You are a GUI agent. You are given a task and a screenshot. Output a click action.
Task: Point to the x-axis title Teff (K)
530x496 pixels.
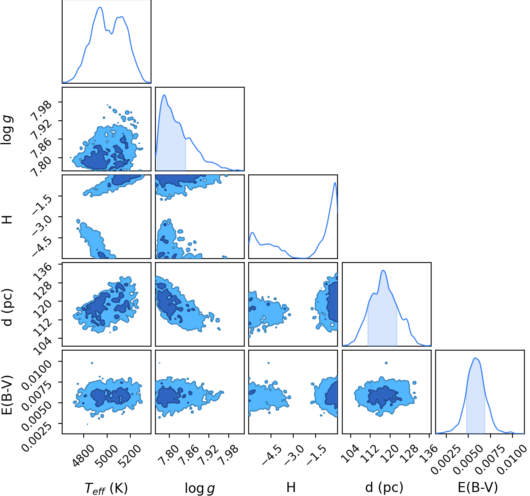coord(106,488)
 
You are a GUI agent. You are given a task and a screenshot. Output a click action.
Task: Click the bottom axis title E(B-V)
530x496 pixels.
coord(478,488)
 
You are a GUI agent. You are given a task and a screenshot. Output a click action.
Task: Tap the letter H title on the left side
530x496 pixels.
coord(8,220)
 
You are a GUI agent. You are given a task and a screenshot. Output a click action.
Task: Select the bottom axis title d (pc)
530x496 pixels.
coord(384,488)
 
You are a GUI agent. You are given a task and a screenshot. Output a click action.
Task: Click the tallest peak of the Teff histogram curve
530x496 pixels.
coord(100,7)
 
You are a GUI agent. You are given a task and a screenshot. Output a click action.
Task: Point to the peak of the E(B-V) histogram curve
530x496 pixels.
coord(475,358)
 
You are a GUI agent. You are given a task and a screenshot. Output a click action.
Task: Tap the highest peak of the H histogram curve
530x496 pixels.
coord(335,182)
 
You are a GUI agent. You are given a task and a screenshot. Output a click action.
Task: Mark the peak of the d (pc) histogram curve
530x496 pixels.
coord(383,270)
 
